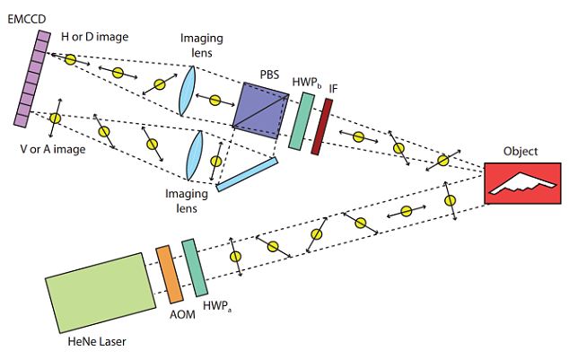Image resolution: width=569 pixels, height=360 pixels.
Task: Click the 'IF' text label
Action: coord(334,88)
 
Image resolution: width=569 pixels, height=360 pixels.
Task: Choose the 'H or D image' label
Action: coord(93,37)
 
